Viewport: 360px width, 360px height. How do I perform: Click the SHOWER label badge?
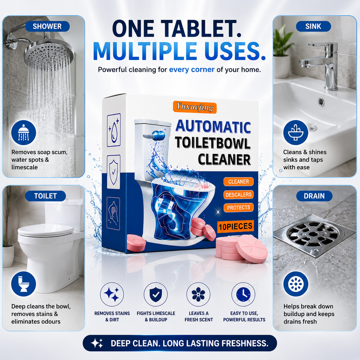47,26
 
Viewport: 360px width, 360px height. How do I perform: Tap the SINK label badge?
313,26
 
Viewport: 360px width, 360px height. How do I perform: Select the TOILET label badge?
45,196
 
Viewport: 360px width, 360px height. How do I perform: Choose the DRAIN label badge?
314,196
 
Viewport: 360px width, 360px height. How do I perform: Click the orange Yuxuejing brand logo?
195,107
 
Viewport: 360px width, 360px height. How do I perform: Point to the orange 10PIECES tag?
235,226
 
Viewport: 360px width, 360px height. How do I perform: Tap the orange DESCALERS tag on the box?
238,195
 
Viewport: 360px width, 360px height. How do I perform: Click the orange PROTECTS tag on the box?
238,207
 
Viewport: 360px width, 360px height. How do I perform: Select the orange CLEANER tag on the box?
238,181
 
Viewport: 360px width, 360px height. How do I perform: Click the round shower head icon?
23,133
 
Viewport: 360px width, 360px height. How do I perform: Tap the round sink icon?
295,133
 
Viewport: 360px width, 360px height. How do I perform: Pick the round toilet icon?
23,284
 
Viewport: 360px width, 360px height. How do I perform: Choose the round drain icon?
295,284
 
